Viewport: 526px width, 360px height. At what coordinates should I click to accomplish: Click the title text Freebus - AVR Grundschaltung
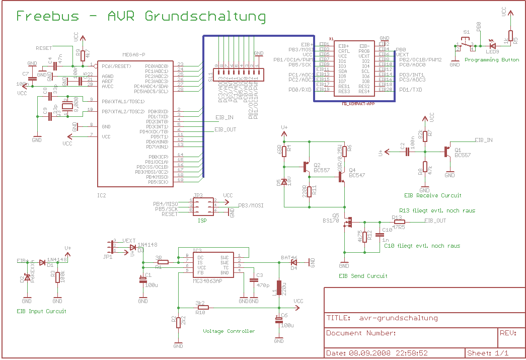click(141, 16)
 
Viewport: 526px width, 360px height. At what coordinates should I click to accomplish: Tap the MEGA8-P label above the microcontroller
click(133, 55)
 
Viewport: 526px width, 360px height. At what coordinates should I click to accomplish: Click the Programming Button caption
click(491, 60)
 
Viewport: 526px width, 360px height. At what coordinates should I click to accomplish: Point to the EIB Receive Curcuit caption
click(432, 195)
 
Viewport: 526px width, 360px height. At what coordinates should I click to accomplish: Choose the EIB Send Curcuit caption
click(363, 276)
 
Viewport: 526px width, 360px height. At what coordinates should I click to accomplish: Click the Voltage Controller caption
click(229, 331)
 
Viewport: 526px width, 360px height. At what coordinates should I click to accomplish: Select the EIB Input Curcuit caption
click(41, 311)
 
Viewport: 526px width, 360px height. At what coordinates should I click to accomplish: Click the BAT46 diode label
click(289, 257)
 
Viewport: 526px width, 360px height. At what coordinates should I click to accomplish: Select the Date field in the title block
click(377, 353)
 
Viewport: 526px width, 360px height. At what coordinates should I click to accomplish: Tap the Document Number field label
click(361, 333)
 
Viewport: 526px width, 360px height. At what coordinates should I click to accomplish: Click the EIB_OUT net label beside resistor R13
click(435, 221)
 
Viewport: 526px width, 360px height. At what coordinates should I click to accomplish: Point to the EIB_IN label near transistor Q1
click(484, 140)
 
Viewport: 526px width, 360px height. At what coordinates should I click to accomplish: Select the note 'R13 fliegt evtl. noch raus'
click(436, 210)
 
